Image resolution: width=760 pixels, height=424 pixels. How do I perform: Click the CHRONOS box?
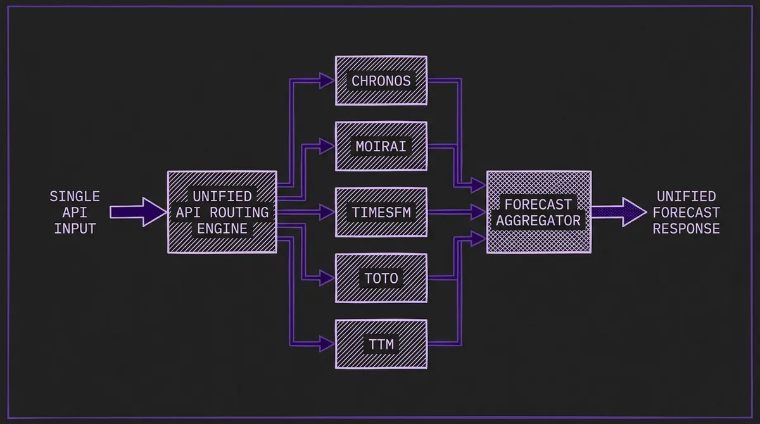click(381, 80)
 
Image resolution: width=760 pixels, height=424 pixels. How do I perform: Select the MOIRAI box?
click(381, 146)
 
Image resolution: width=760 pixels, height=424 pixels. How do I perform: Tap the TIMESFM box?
click(381, 212)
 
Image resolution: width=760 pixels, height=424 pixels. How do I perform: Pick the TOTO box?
click(381, 278)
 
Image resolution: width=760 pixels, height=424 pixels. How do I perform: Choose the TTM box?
click(381, 344)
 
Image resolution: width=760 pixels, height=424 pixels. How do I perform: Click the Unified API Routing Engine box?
click(222, 212)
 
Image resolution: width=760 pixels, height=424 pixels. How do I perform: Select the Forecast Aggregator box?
click(538, 212)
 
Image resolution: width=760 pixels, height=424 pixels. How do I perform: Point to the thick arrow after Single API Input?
click(136, 212)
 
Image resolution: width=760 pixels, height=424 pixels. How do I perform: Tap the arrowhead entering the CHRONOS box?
click(327, 80)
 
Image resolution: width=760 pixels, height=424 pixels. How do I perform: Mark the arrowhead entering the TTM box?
click(327, 344)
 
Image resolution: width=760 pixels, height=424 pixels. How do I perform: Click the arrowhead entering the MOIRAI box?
click(327, 146)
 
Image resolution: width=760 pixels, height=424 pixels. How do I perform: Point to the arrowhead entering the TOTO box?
click(327, 278)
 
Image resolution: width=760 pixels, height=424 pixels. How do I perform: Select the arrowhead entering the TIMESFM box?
click(327, 212)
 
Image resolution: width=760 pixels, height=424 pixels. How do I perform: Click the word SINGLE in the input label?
click(75, 197)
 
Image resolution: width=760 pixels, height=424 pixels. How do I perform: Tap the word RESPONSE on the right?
click(686, 228)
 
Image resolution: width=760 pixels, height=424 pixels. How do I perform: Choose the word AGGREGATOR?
click(538, 221)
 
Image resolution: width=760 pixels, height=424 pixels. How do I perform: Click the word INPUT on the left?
click(75, 228)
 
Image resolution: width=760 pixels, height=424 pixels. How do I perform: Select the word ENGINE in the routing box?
click(222, 228)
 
